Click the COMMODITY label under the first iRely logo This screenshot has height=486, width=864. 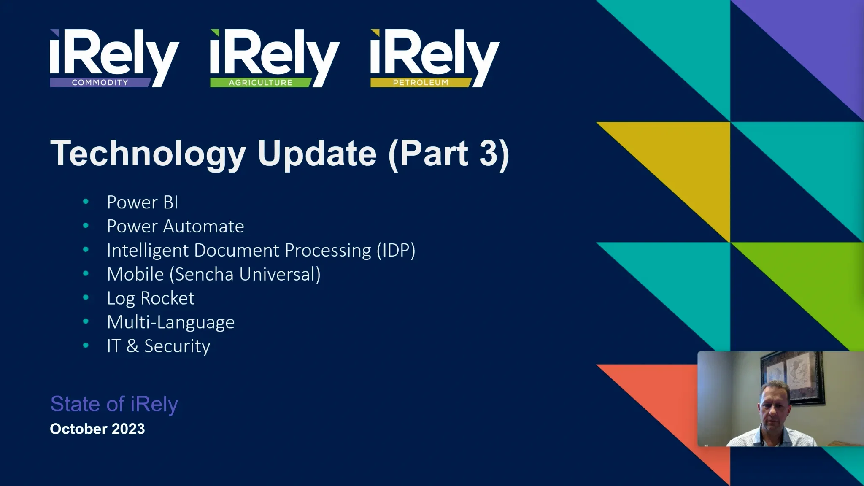[100, 83]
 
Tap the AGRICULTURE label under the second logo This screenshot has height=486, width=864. [260, 83]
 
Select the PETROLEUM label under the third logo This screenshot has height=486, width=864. [421, 83]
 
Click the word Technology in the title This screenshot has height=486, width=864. [148, 154]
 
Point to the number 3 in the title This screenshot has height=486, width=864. [489, 154]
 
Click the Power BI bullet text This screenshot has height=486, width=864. [142, 202]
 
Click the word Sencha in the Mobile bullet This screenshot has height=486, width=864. [205, 275]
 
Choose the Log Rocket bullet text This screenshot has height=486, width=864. [151, 298]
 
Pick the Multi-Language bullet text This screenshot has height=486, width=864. [170, 323]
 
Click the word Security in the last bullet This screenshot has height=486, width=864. [177, 346]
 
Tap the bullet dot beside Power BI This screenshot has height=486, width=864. [86, 202]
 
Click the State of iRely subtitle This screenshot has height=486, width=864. [114, 404]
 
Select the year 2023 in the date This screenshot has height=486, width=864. [129, 429]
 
